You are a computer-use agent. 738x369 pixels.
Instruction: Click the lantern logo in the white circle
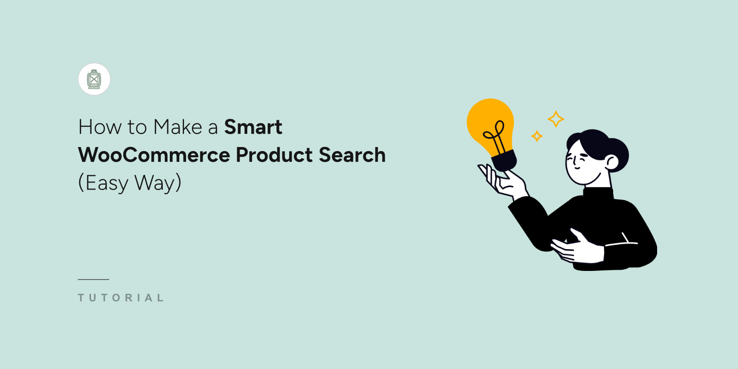[94, 79]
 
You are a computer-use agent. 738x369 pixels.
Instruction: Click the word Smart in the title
[253, 127]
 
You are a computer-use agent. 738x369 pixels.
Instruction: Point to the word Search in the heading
[352, 155]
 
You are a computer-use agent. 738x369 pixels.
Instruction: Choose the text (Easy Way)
[129, 183]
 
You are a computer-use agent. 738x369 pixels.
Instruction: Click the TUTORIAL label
[121, 298]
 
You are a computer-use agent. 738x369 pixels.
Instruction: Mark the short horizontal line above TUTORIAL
[94, 279]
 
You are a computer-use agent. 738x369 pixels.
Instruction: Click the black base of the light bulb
[505, 160]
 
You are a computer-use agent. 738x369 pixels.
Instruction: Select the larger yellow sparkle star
[556, 119]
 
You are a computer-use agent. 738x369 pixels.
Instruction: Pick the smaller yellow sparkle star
[537, 136]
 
